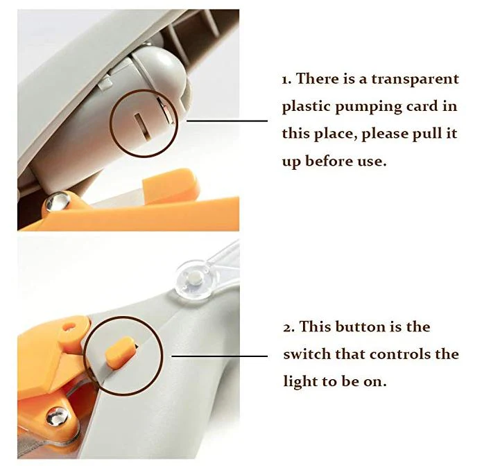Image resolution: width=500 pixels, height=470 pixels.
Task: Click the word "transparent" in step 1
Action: pyautogui.click(x=415, y=80)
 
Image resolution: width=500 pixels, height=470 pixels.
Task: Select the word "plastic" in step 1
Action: pyautogui.click(x=306, y=107)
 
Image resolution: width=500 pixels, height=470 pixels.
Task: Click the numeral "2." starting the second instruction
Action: pyautogui.click(x=289, y=327)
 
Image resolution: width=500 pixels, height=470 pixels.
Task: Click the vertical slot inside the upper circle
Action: pyautogui.click(x=141, y=127)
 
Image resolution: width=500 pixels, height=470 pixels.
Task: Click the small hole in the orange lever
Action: pyautogui.click(x=69, y=327)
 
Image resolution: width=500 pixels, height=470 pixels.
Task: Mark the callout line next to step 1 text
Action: pyautogui.click(x=227, y=121)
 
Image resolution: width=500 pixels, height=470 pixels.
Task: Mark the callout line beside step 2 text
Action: pyautogui.click(x=220, y=356)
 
